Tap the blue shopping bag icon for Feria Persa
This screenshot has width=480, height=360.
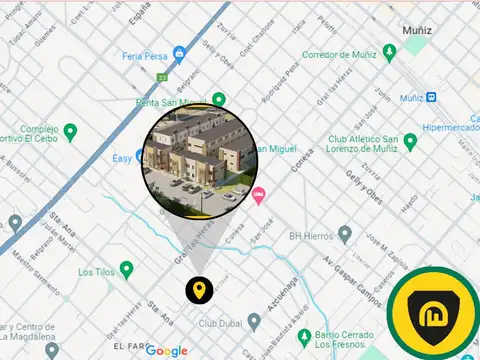[x=179, y=52]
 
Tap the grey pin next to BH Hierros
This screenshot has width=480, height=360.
[x=345, y=234]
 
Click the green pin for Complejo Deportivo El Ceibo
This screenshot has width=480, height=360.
[x=70, y=131]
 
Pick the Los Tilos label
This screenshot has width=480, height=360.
[x=97, y=271]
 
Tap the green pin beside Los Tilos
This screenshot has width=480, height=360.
[x=127, y=269]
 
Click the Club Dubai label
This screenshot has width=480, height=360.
[x=221, y=323]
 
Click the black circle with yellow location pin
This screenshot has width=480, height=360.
[x=200, y=291]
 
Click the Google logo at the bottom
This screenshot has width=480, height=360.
[x=166, y=350]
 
